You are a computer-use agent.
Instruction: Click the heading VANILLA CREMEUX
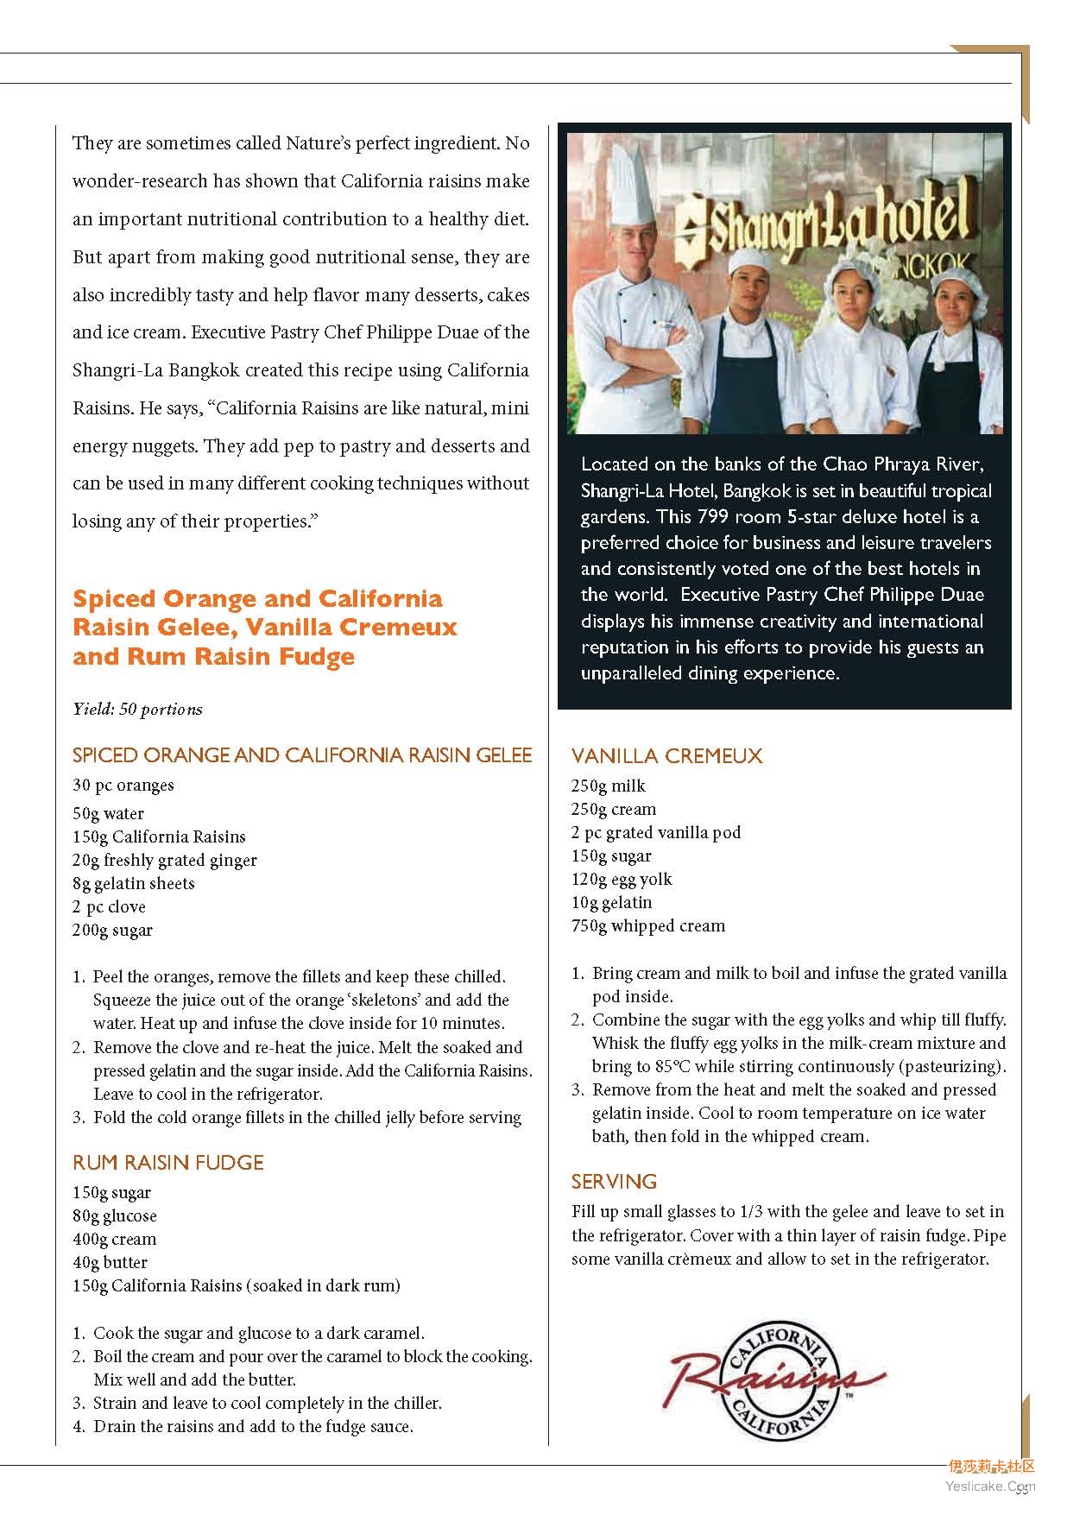[x=666, y=756]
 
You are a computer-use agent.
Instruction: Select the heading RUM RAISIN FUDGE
[x=168, y=1163]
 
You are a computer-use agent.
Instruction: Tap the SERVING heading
[x=614, y=1182]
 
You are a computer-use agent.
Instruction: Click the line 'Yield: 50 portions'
[x=138, y=710]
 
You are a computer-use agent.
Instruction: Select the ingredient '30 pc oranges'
[x=123, y=786]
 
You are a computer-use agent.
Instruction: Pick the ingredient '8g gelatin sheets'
[x=134, y=884]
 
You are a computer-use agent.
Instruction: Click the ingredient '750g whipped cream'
[x=647, y=926]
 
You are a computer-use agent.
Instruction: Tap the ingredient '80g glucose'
[x=115, y=1216]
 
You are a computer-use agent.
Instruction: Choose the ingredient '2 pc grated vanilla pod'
[x=656, y=833]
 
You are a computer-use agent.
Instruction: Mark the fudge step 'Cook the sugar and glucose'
[x=258, y=1334]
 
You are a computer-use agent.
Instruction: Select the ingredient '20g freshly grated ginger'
[x=165, y=861]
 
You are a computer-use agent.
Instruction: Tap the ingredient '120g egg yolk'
[x=622, y=880]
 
